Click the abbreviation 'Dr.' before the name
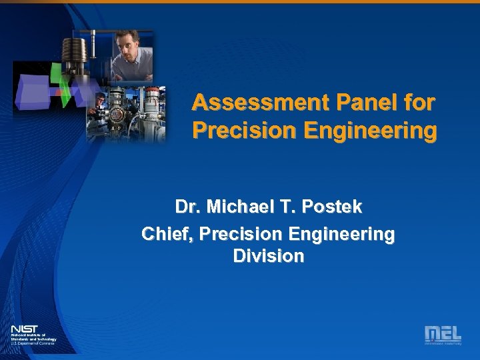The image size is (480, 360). [x=187, y=207]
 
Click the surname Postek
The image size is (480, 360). [x=332, y=207]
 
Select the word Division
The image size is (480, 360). [x=269, y=257]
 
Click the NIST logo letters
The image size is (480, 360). [x=24, y=329]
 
